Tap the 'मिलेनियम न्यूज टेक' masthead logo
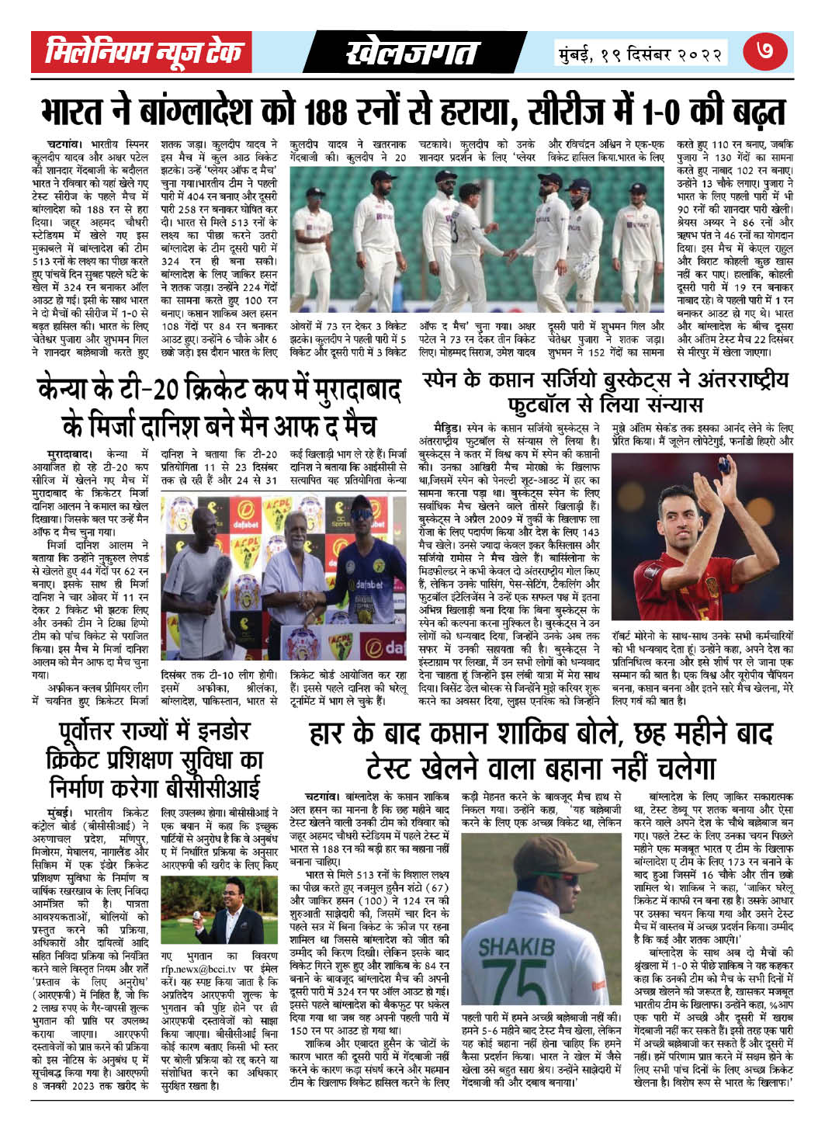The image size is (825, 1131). pyautogui.click(x=145, y=54)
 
